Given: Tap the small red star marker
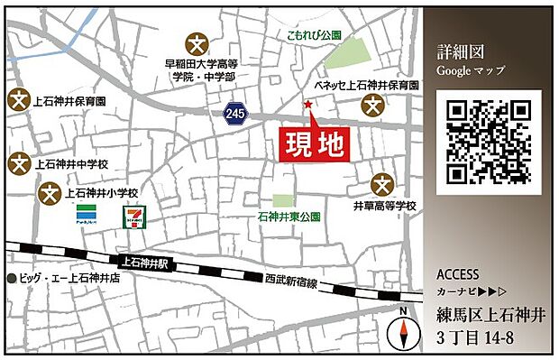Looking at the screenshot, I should (x=307, y=106).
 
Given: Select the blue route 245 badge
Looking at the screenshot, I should (x=234, y=113).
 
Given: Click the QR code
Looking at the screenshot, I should (x=489, y=142).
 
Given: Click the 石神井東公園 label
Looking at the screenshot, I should (x=289, y=217).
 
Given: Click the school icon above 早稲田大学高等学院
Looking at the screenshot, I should (x=197, y=42).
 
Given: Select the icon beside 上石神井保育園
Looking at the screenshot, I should (x=17, y=101).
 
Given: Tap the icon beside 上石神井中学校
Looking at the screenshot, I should (x=17, y=163).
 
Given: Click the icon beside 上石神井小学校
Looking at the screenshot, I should (x=51, y=193).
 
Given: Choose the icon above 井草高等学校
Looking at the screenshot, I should (x=384, y=185).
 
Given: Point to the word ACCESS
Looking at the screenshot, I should (x=458, y=274).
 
